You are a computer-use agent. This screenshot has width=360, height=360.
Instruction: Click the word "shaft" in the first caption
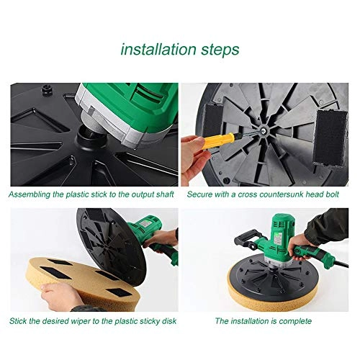coord(161,194)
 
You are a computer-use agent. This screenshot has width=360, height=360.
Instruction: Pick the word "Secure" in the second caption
coord(202,194)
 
